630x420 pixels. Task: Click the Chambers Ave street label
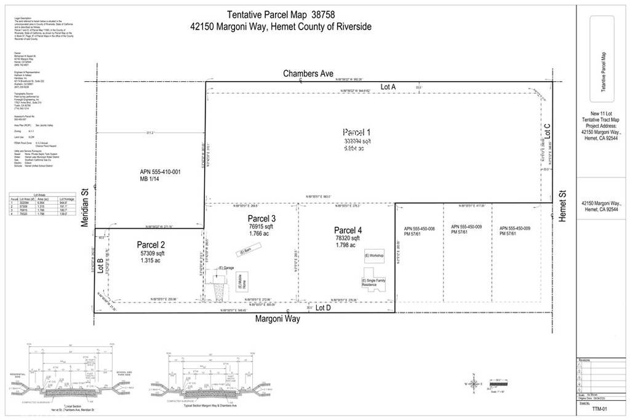pos(308,74)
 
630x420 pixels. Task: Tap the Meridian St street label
pos(87,208)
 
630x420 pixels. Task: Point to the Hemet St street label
pos(562,202)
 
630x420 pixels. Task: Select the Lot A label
pos(388,87)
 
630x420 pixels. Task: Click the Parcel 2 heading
pos(152,244)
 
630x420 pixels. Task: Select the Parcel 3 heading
pos(261,219)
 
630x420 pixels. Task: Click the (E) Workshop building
pos(374,256)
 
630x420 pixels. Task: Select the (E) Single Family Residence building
pos(370,283)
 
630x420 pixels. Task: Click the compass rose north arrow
pos(474,384)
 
